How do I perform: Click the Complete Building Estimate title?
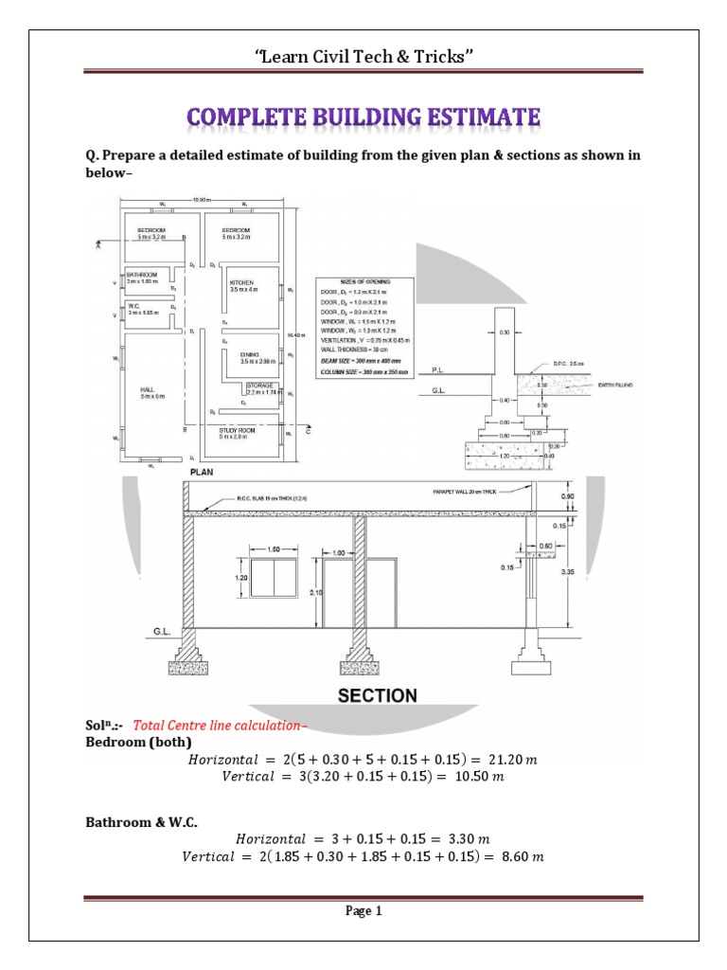point(363,118)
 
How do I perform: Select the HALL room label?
point(151,390)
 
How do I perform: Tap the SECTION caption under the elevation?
point(379,695)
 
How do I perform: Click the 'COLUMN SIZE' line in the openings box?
point(358,371)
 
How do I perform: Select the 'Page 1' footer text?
point(363,912)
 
